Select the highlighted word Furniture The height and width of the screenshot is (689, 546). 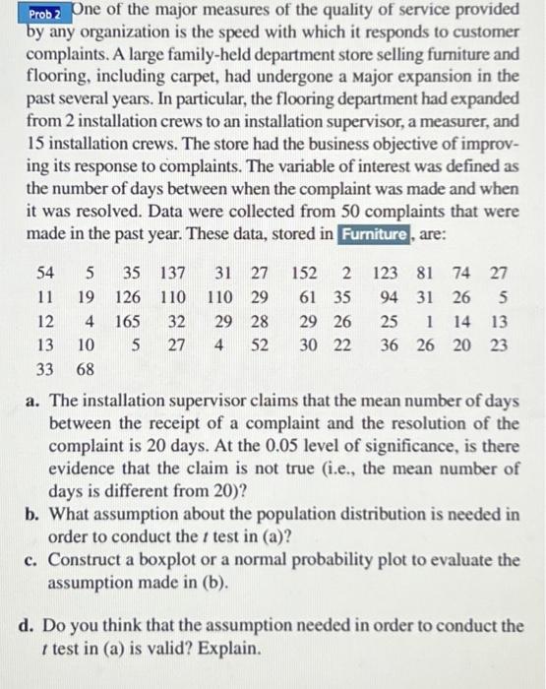373,234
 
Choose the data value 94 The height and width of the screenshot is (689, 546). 390,296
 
